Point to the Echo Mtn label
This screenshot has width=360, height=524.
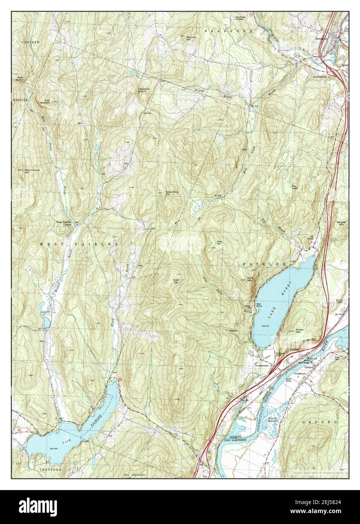point(251,279)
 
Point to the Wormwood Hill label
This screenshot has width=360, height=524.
point(32,171)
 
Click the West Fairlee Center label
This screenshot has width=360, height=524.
point(64,223)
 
